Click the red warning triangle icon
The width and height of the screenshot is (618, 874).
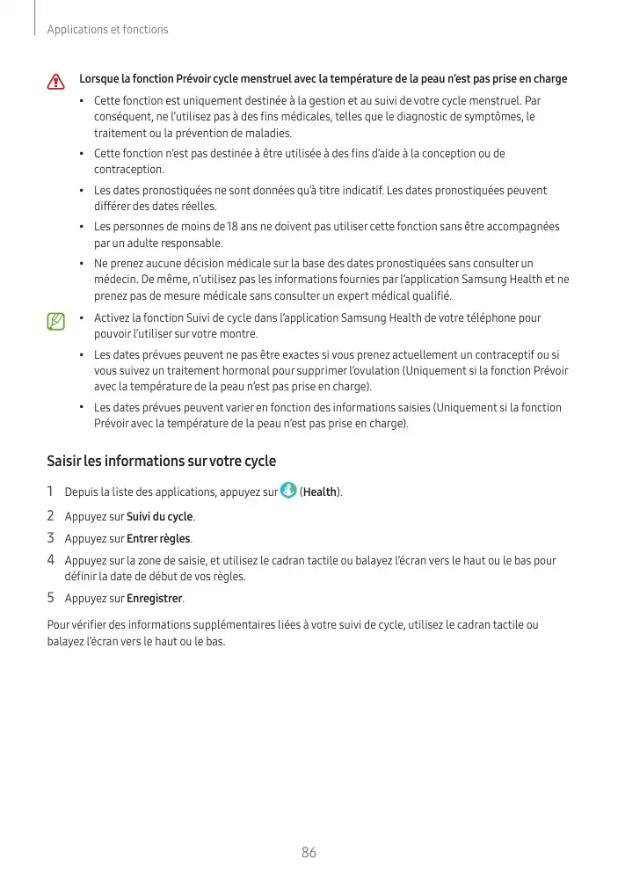pyautogui.click(x=56, y=82)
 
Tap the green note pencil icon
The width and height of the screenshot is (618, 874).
pyautogui.click(x=56, y=321)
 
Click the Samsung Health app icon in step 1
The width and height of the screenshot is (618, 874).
pyautogui.click(x=288, y=490)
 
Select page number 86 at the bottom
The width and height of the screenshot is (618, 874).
pyautogui.click(x=309, y=852)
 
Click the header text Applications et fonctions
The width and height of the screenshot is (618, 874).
pyautogui.click(x=108, y=30)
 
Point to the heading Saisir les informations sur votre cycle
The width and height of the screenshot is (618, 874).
pyautogui.click(x=161, y=461)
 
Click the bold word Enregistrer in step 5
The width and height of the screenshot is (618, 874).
pyautogui.click(x=155, y=599)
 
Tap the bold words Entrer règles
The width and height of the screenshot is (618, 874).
pyautogui.click(x=158, y=538)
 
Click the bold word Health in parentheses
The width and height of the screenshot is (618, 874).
pyautogui.click(x=321, y=492)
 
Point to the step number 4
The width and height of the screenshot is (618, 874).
pyautogui.click(x=51, y=560)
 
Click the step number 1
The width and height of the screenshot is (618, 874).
pyautogui.click(x=51, y=492)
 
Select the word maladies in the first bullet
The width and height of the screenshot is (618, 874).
pyautogui.click(x=267, y=133)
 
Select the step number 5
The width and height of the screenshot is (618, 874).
pyautogui.click(x=51, y=599)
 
